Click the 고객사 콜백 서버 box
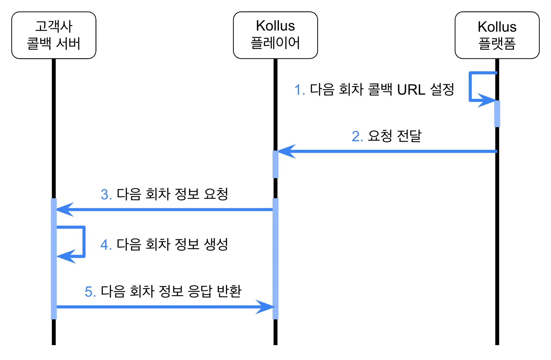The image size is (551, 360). coord(54,35)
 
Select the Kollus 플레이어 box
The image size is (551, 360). coord(275,35)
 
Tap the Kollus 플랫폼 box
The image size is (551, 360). coord(497,35)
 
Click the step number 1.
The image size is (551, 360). coord(300,90)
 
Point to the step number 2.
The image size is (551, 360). coord(358,136)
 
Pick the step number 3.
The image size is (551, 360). coord(106,195)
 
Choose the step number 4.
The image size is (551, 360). coord(106,245)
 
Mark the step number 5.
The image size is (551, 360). coord(90,292)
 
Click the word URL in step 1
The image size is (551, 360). coord(411,90)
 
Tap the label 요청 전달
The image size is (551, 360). coord(395,136)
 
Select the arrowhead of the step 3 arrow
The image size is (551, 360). coord(65,209)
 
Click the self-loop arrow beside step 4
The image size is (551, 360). coord(84,242)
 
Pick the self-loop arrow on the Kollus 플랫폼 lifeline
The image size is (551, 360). coord(470,86)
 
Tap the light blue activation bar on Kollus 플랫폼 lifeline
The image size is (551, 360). coord(497,114)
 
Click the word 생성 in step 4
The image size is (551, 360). coord(216,244)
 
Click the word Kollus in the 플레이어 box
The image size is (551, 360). coord(275,26)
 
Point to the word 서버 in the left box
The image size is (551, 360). coord(68,44)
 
